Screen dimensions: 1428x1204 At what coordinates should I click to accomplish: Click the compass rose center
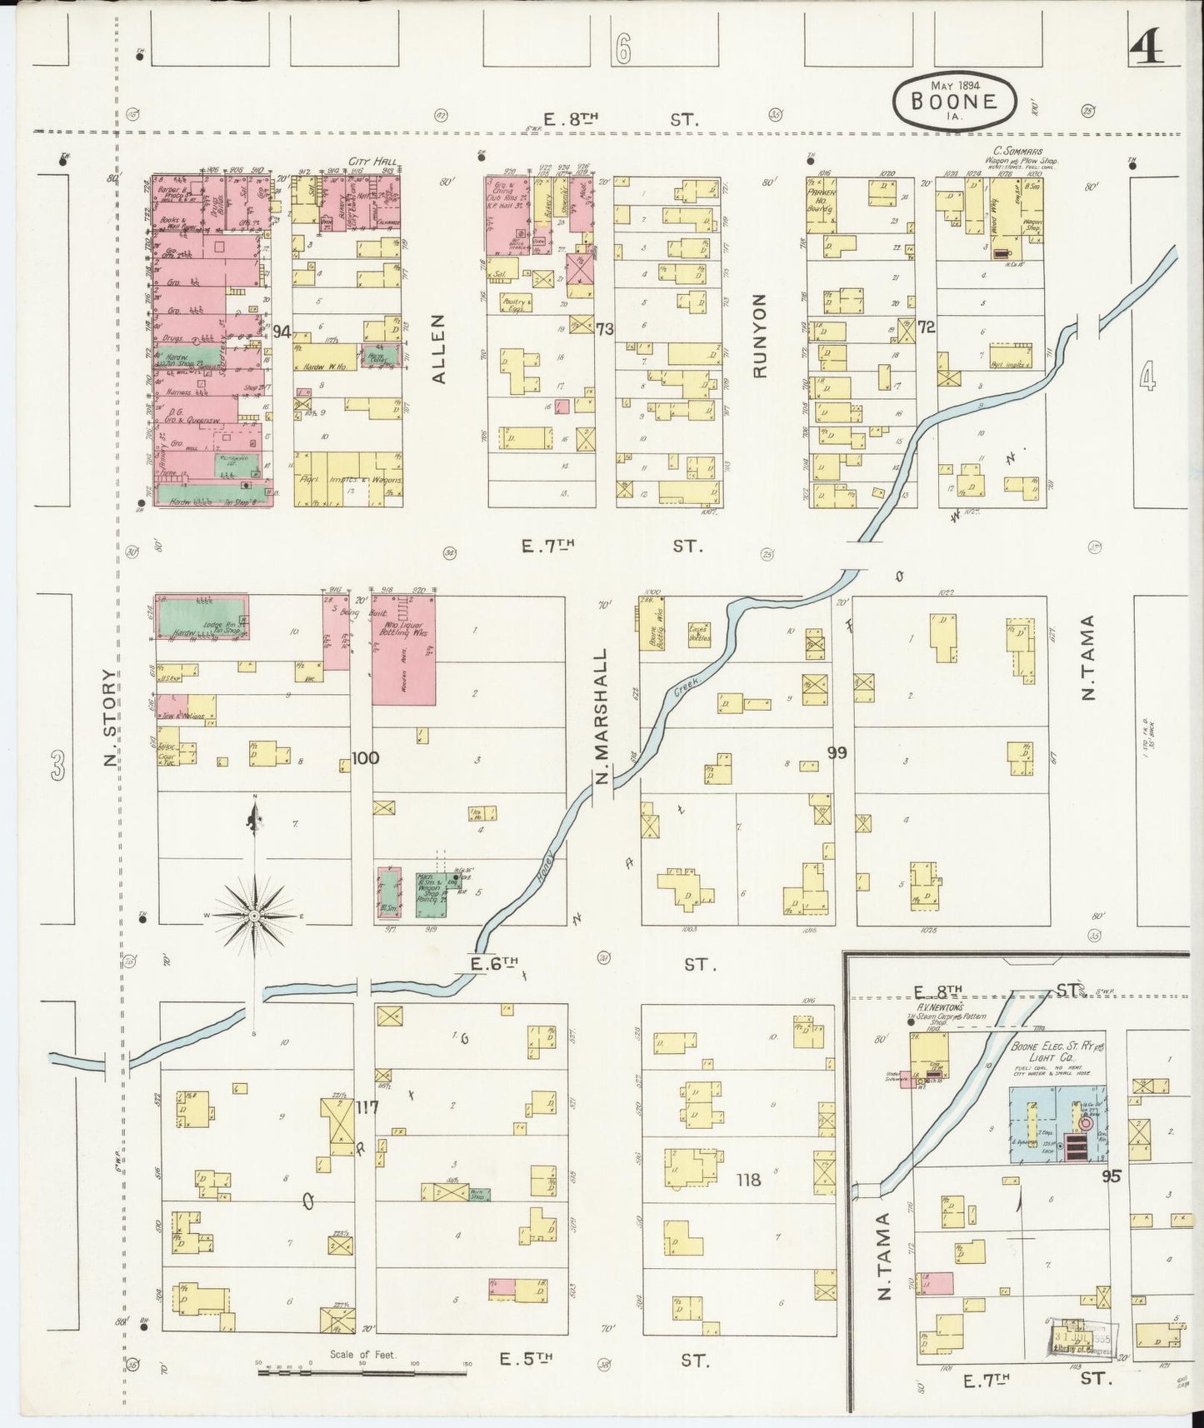coord(253,916)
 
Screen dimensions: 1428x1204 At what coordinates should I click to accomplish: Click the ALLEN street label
coord(439,348)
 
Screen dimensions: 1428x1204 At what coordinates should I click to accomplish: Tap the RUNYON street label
coord(760,335)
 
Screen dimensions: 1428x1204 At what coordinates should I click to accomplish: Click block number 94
coord(282,332)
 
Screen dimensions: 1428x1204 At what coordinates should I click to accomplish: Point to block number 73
coord(604,329)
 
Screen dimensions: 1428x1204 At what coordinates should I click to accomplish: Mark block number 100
coord(365,758)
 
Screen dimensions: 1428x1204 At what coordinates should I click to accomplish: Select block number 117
coord(367,1108)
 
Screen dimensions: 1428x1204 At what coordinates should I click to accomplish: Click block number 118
coord(749,1180)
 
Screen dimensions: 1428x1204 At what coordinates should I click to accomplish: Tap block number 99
coord(837,753)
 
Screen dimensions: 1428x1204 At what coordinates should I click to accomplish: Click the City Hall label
coord(374,162)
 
